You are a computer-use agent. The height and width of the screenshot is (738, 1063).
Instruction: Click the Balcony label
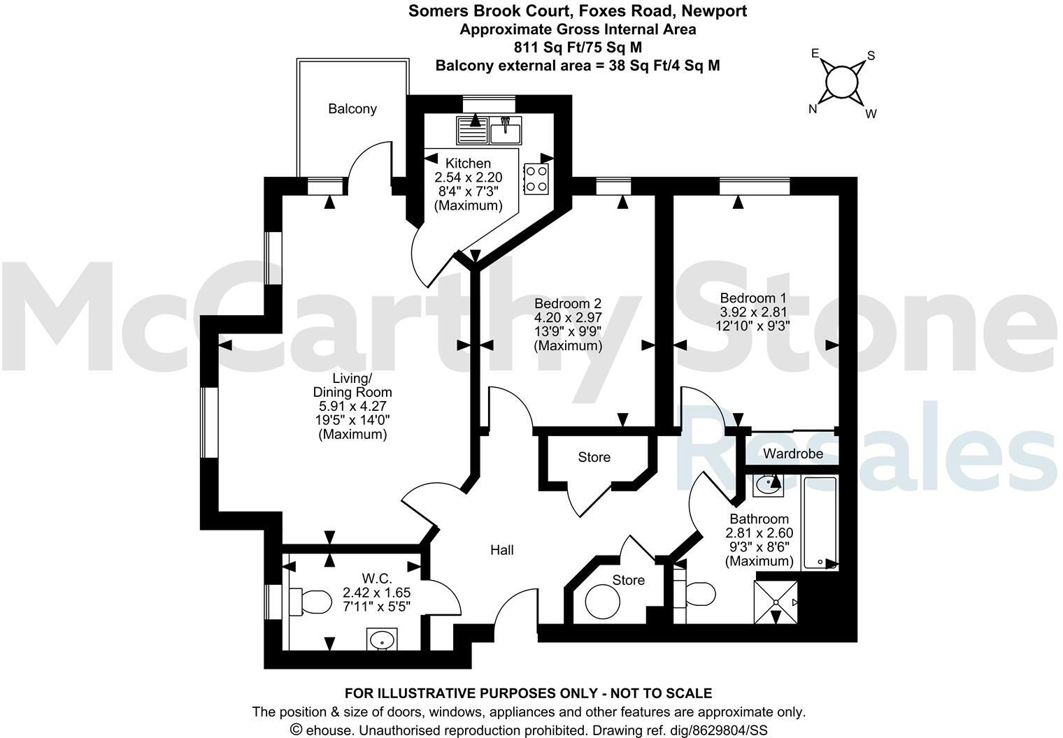[x=352, y=108]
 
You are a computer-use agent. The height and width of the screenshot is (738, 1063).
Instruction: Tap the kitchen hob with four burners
[x=536, y=177]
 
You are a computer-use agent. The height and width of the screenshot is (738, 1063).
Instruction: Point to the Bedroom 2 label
[x=567, y=303]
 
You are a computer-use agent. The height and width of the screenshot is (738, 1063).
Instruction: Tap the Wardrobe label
[x=792, y=454]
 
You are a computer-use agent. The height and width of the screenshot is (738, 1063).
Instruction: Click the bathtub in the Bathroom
[x=820, y=522]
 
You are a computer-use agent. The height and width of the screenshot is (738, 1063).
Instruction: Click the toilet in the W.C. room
[x=311, y=601]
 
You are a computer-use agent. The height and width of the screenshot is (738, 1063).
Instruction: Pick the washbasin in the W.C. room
[x=381, y=639]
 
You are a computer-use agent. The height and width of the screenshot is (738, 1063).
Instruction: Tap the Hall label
[x=501, y=550]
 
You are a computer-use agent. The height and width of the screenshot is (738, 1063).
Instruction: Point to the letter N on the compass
[x=813, y=108]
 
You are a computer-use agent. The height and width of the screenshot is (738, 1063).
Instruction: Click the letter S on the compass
[x=871, y=55]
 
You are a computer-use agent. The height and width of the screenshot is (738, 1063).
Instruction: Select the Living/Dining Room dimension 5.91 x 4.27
[x=352, y=406]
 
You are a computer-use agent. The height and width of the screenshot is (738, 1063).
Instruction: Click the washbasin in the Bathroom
[x=768, y=483]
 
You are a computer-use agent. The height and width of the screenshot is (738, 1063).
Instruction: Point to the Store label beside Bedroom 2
[x=594, y=457]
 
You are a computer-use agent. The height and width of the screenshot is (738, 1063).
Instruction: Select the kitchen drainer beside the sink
[x=472, y=129]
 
